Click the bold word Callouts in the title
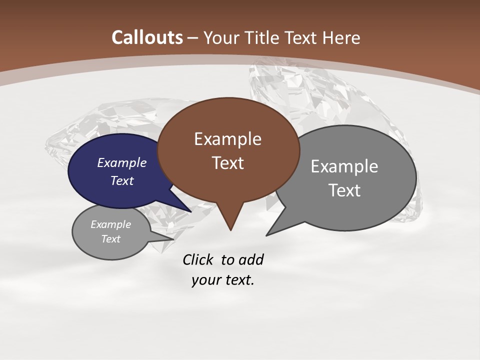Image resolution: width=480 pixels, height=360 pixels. pos(147,37)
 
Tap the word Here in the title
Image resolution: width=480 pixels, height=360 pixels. pos(341,37)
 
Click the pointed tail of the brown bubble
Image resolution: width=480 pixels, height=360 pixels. pos(230,222)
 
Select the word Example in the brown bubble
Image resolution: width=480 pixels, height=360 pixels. pos(228,139)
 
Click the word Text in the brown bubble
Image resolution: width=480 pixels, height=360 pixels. pos(228,163)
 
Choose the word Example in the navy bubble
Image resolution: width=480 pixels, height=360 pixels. pos(122,162)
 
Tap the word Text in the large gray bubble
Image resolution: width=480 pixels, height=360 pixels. pos(345,190)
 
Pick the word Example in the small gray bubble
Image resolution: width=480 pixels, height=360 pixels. pos(110,224)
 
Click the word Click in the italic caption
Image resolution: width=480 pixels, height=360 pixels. pos(197,259)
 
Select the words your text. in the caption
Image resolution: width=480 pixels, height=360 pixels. pos(223,280)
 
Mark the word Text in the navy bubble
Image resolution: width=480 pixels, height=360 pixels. pos(122,180)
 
